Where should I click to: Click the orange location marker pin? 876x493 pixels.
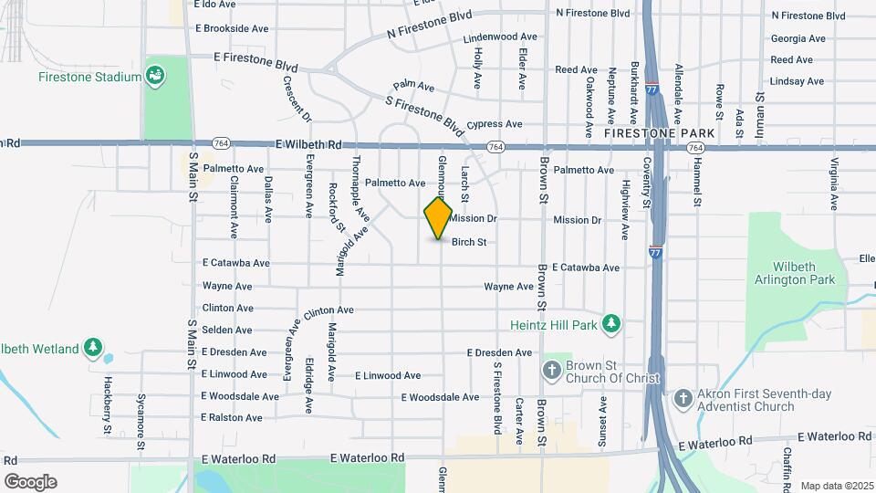tap(438, 218)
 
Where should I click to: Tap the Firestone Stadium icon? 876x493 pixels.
tap(155, 74)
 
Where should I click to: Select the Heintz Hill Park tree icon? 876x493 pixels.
tap(611, 324)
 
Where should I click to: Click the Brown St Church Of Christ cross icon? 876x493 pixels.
tap(551, 370)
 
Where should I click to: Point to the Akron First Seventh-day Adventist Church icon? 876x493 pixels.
tap(683, 398)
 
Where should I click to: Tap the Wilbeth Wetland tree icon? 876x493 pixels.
tap(92, 347)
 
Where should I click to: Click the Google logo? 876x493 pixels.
tap(30, 481)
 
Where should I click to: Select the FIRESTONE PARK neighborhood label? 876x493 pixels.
tap(659, 133)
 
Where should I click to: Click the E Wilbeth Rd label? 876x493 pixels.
tap(308, 144)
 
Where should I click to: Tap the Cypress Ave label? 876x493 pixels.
tap(494, 124)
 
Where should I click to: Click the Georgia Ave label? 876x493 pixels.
tap(798, 38)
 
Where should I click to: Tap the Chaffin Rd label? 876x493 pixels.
tap(787, 466)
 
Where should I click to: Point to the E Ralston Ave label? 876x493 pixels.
tap(232, 417)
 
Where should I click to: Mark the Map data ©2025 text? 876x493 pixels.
tap(836, 485)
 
